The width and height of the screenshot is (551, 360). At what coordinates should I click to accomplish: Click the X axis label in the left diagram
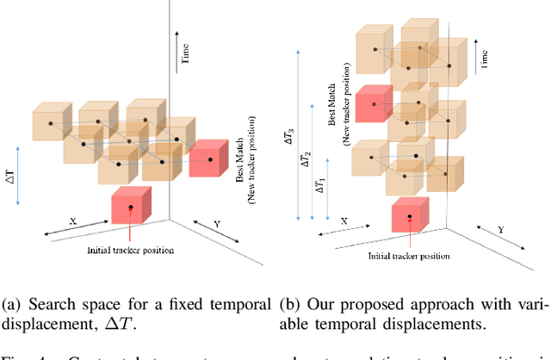click(72, 221)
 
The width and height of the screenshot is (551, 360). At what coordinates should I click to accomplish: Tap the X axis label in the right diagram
click(342, 221)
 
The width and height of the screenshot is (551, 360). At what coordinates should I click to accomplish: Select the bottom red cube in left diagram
click(132, 206)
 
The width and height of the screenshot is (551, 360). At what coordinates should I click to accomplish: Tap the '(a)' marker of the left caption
click(10, 304)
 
